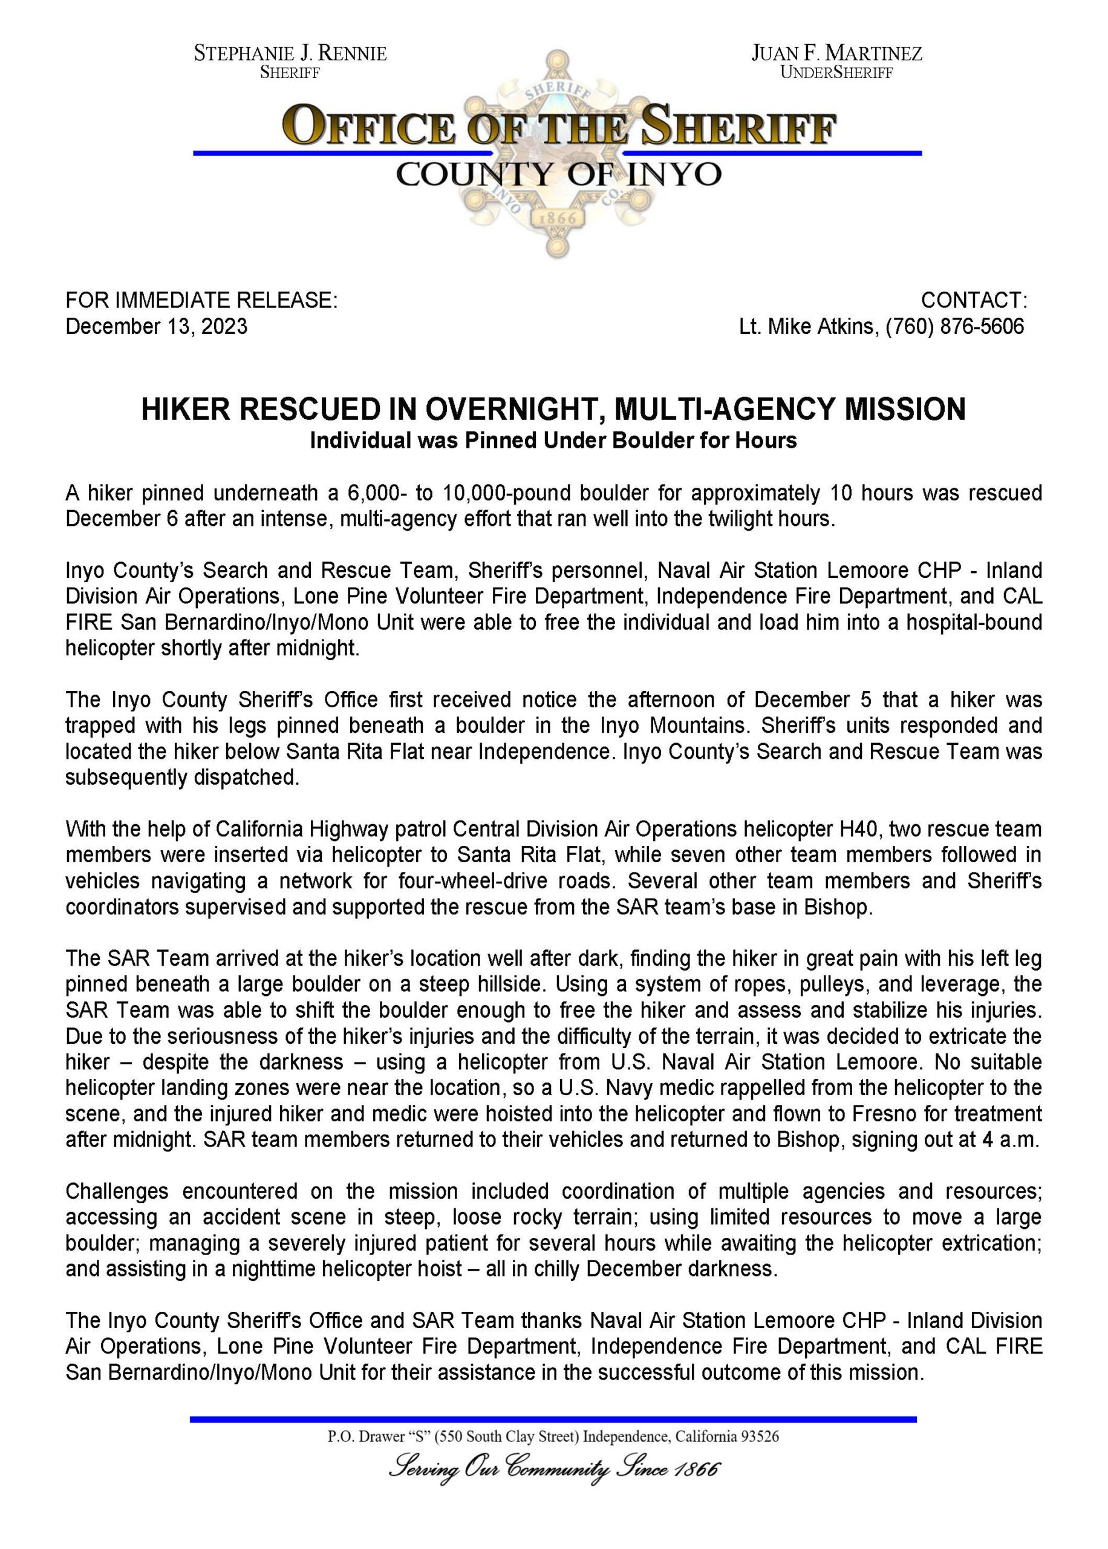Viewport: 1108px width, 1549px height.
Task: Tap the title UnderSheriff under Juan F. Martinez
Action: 836,73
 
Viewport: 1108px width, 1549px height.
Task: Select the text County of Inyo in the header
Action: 558,175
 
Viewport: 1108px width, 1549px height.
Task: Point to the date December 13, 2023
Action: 156,326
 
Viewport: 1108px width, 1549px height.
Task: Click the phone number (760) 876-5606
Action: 954,326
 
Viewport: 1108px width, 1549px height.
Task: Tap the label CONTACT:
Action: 974,300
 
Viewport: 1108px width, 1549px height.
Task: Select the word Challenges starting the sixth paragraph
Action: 117,1191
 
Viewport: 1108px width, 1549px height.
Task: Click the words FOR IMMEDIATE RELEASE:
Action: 201,300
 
